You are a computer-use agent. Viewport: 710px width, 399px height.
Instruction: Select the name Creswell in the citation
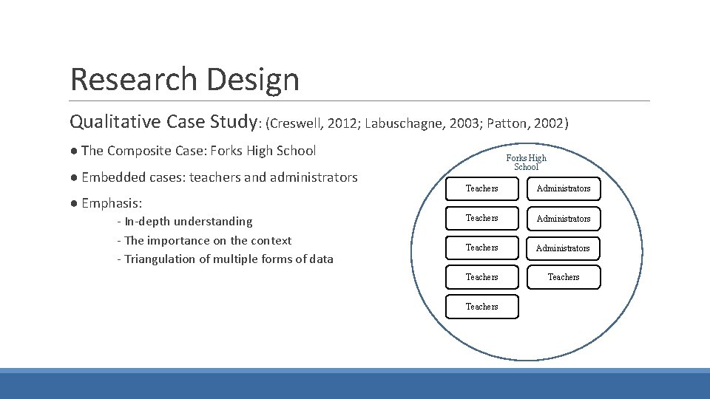(x=300, y=123)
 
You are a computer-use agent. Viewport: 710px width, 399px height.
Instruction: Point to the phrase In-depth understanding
(x=188, y=222)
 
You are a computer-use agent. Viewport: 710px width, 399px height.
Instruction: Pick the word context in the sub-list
(x=271, y=241)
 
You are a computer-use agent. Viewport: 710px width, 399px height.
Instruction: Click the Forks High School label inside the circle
(x=527, y=163)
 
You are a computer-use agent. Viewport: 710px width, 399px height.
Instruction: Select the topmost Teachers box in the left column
(x=482, y=188)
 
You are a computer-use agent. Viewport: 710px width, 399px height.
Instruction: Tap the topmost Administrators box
(x=564, y=188)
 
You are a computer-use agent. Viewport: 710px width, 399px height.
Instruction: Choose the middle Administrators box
(x=564, y=219)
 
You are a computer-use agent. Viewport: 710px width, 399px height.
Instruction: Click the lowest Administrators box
(x=564, y=248)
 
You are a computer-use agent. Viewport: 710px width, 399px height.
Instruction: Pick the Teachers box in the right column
(x=564, y=277)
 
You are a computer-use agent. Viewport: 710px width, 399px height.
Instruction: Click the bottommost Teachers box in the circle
(x=482, y=307)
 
